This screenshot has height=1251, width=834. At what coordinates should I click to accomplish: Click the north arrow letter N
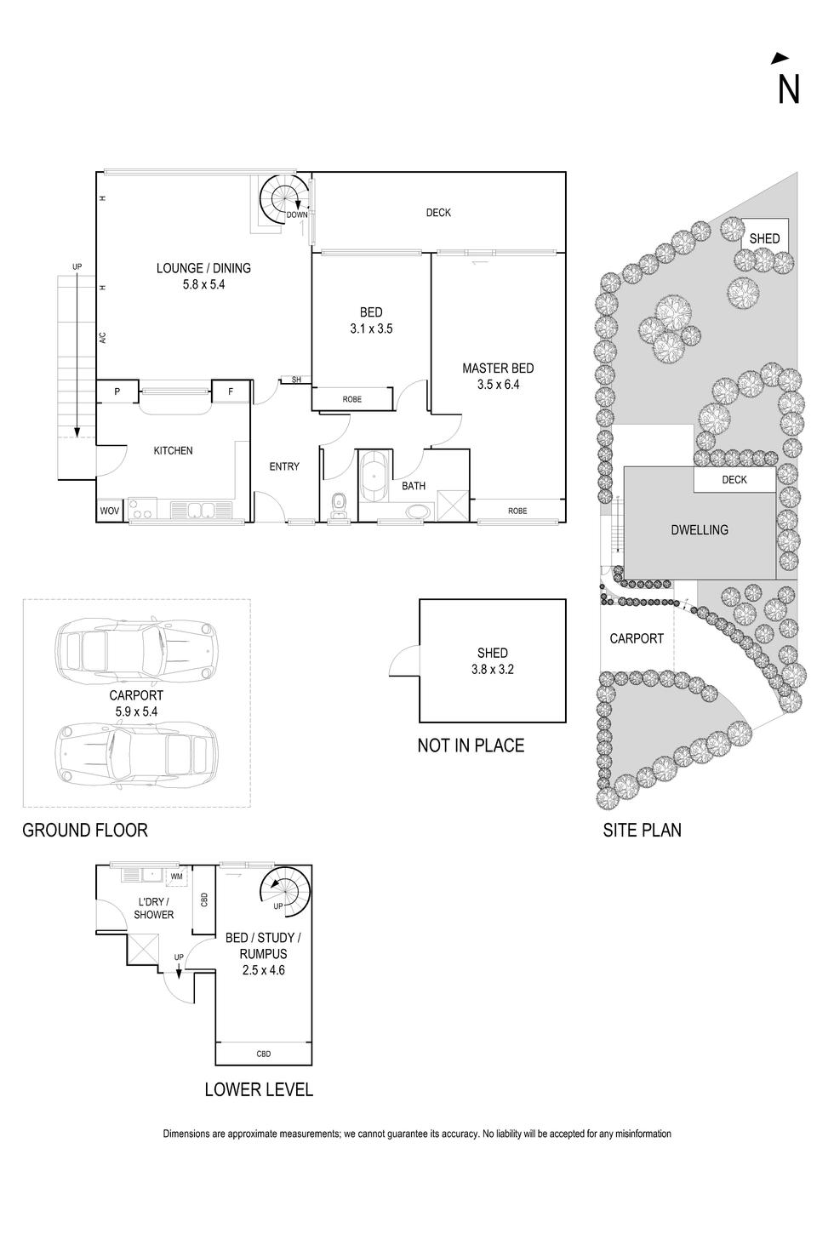pos(788,89)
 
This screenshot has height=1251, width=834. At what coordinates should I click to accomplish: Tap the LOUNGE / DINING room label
pos(203,269)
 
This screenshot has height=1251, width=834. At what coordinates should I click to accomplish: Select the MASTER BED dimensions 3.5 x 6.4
pos(498,385)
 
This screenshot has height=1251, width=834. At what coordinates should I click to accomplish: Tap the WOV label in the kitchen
pos(109,511)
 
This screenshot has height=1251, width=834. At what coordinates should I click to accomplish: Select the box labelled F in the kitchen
pos(231,392)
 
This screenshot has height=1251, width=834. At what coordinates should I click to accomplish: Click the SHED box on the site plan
pos(763,239)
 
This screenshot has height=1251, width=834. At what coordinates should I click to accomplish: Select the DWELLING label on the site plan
pos(700,530)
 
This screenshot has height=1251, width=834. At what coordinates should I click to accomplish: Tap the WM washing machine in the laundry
pos(176,876)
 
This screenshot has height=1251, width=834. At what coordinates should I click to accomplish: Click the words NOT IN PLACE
pos(471,745)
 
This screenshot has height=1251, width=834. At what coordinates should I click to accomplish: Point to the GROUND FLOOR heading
pos(85,830)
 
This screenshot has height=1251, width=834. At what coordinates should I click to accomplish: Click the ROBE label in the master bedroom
pos(517,511)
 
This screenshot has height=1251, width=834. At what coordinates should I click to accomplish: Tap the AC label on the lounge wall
pos(102,337)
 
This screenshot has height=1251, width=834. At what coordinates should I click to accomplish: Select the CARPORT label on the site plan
pos(637,638)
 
